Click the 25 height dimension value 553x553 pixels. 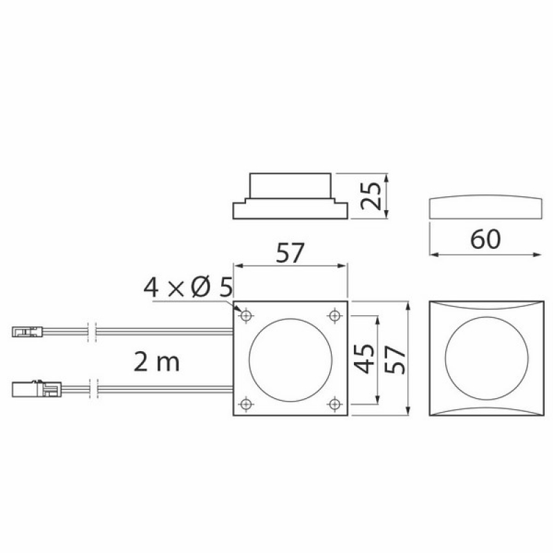(x=372, y=196)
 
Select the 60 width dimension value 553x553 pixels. (x=485, y=239)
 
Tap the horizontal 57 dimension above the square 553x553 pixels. (x=290, y=253)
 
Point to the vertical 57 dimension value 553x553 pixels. (x=395, y=359)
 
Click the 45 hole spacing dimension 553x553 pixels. (x=364, y=359)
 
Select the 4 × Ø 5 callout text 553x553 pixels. (x=188, y=287)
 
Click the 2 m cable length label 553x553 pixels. (x=157, y=362)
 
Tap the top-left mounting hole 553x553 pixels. (x=246, y=315)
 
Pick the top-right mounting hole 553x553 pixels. (x=335, y=315)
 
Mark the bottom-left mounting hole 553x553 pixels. (x=246, y=403)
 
